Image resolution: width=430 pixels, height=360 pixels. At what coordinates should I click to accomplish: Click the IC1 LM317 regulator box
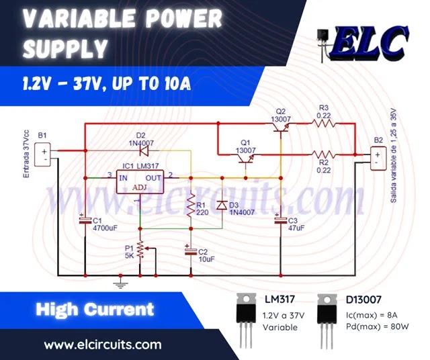(x=140, y=181)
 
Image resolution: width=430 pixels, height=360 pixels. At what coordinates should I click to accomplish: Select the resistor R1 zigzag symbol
(x=189, y=206)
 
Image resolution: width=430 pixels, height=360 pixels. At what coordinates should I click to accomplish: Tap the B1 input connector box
(x=45, y=156)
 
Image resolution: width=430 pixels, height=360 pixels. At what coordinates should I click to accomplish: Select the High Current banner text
(x=95, y=310)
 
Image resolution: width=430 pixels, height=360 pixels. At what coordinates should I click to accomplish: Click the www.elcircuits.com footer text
(x=103, y=345)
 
